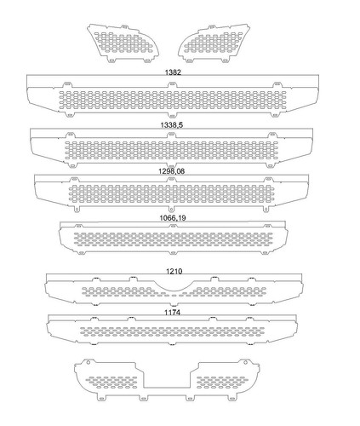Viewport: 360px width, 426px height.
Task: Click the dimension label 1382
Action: (x=173, y=72)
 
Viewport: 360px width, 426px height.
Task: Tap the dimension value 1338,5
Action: (x=172, y=125)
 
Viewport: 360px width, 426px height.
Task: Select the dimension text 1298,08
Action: (x=171, y=171)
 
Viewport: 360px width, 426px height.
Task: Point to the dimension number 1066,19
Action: (x=173, y=218)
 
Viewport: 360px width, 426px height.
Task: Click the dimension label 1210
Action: (x=174, y=272)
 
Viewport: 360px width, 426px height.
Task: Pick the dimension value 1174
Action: (x=172, y=313)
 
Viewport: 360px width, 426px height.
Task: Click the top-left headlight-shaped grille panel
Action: (x=123, y=43)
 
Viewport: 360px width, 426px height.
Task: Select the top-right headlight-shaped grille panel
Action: (x=214, y=43)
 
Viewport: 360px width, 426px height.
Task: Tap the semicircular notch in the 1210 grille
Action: (x=174, y=286)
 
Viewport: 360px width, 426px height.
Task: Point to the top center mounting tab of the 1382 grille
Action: (x=171, y=85)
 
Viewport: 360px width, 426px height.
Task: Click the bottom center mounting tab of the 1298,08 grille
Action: (x=171, y=209)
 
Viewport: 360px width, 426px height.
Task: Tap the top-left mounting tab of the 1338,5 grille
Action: (x=69, y=135)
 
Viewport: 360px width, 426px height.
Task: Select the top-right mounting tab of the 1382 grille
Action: (x=277, y=85)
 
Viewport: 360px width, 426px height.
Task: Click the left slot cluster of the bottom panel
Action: (x=111, y=383)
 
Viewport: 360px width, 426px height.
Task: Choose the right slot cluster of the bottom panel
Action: (x=222, y=383)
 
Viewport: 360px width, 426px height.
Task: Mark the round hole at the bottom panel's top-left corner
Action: (x=88, y=362)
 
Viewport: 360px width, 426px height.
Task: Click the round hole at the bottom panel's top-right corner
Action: (x=246, y=362)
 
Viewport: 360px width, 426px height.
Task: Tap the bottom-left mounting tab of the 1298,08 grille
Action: (x=77, y=209)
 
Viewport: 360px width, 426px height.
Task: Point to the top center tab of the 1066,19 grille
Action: (x=173, y=226)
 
